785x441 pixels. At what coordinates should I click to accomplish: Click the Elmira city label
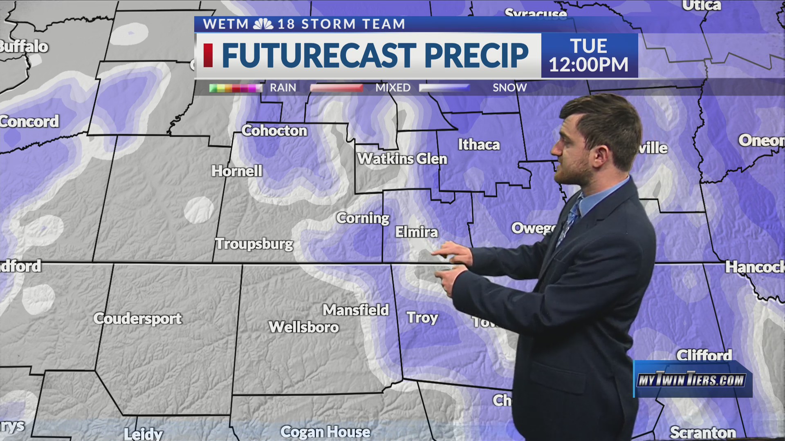point(416,232)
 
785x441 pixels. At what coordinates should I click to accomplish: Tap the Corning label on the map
point(363,218)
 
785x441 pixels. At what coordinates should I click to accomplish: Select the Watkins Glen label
point(402,159)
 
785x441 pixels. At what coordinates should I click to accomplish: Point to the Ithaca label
point(479,145)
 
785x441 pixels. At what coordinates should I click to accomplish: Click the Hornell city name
point(237,171)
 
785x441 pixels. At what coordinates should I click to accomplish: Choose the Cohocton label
point(274,131)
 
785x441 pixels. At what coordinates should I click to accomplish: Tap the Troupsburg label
point(254,244)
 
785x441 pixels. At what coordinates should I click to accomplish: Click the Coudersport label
point(137,318)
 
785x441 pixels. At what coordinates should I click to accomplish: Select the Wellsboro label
point(304,327)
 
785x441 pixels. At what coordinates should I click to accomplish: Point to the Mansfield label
point(356,310)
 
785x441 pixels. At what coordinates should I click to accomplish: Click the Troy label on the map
point(422,318)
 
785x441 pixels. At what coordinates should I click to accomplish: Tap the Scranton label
point(703,432)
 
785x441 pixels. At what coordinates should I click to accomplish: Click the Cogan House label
point(325,432)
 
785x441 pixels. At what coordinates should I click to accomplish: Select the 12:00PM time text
point(588,65)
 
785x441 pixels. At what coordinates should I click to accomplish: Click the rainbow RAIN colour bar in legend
point(235,88)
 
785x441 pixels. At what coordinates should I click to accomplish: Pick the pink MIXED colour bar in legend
point(336,88)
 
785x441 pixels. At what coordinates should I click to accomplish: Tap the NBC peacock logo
point(263,24)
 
